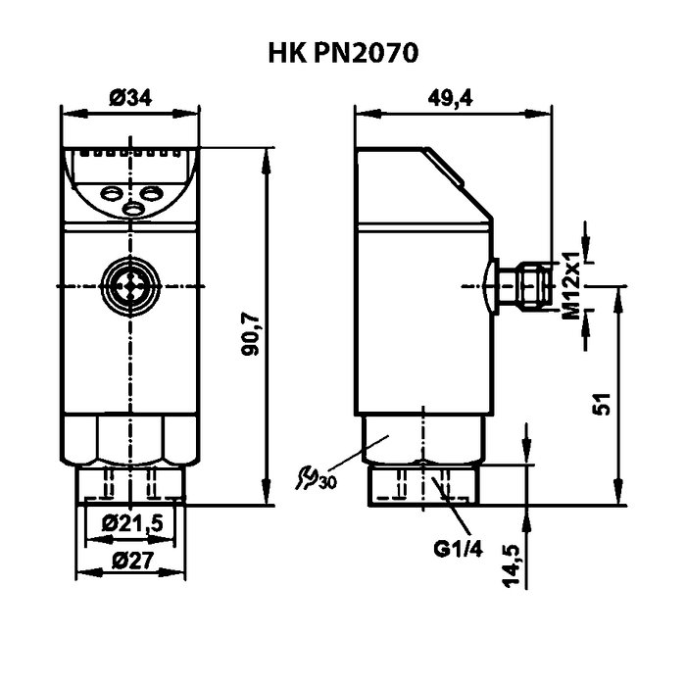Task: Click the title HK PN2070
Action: tap(343, 52)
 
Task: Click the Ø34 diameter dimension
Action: tap(130, 97)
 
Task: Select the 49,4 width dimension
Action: tap(454, 97)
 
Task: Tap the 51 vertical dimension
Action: tap(605, 402)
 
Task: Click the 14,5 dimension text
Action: tap(511, 567)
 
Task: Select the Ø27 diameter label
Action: tap(132, 562)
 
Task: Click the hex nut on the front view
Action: tap(130, 439)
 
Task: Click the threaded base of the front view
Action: tap(130, 485)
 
